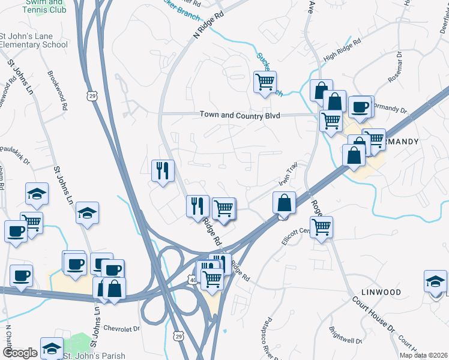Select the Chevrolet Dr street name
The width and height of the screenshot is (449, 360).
[x=121, y=328]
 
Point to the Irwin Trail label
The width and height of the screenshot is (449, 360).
[x=287, y=173]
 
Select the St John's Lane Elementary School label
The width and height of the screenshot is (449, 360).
[x=34, y=40]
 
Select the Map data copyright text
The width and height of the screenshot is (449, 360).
[x=423, y=355]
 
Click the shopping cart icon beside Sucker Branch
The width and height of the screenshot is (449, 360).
[x=265, y=81]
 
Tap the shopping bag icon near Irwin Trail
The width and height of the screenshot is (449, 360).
[x=284, y=202]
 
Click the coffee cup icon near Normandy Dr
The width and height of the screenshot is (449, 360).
[x=360, y=107]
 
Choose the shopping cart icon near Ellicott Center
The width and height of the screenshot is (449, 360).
[x=322, y=227]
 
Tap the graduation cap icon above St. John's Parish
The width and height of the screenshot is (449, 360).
[x=52, y=348]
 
